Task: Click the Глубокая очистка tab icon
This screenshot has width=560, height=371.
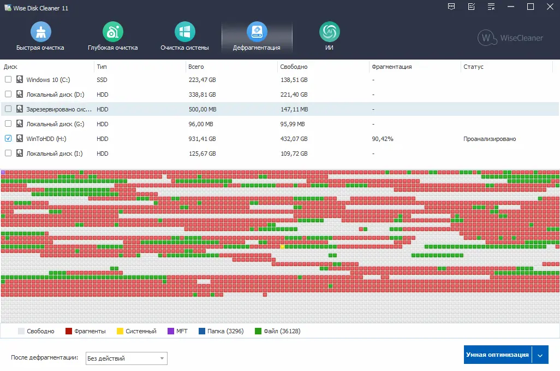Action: tap(112, 32)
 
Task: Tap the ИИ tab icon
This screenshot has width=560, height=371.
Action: tap(329, 32)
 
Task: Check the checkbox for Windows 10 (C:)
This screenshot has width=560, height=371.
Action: tap(8, 80)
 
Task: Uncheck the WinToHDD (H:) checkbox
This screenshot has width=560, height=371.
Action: tap(8, 139)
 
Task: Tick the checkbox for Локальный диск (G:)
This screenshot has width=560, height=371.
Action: tap(8, 124)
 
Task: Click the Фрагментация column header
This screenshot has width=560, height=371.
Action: tap(391, 67)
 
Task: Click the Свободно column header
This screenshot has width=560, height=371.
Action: tap(294, 67)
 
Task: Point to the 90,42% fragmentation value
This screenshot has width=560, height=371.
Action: tap(383, 139)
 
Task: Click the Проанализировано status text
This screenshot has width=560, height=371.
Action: tap(490, 139)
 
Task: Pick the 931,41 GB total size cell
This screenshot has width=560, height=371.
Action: tap(202, 139)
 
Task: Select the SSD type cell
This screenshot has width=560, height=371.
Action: tap(102, 80)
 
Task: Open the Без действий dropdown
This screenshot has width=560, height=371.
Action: tap(127, 358)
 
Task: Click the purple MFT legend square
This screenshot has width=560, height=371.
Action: tap(171, 331)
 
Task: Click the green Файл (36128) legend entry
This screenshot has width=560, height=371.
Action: tap(277, 331)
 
